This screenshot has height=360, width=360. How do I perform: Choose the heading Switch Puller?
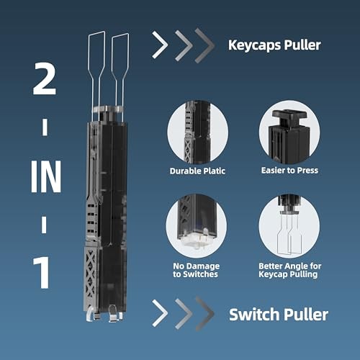[278, 315]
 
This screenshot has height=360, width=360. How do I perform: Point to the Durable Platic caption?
[197, 171]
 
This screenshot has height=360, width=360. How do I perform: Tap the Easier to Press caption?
[289, 171]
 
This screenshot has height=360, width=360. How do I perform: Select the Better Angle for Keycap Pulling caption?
[289, 271]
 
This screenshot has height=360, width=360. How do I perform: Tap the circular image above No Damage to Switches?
[197, 227]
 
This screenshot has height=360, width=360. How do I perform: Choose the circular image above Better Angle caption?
[289, 227]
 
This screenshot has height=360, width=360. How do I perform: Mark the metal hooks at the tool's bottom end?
[101, 313]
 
